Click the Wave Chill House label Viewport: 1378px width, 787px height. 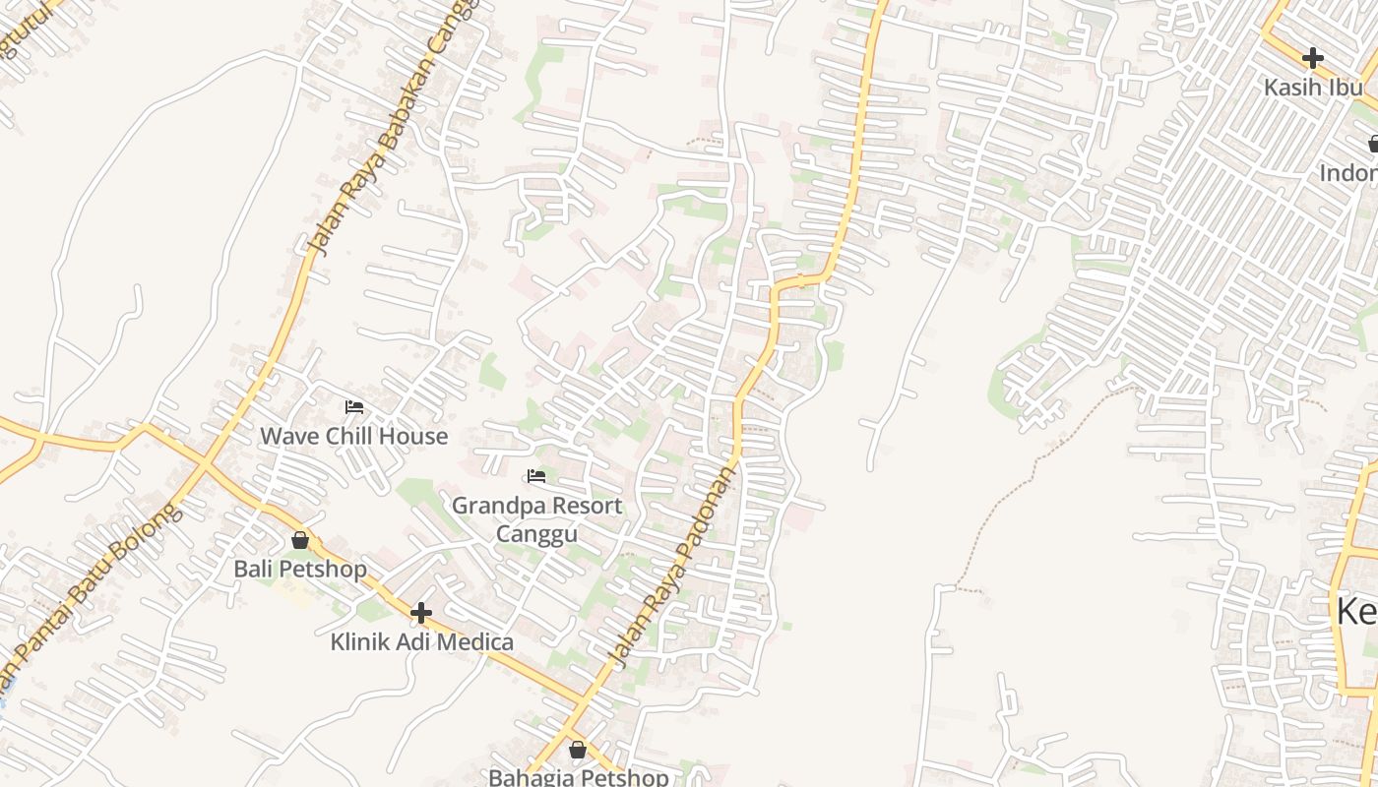coord(353,436)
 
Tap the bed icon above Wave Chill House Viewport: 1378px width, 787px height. coord(354,406)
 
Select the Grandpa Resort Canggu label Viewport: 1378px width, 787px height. coord(536,519)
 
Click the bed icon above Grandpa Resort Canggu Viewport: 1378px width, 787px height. coord(536,476)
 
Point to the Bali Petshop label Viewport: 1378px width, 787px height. coord(300,569)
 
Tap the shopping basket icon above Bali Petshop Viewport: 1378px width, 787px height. coord(300,540)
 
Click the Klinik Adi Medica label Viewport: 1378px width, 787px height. coord(421,642)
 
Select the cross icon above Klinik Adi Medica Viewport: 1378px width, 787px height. coord(421,614)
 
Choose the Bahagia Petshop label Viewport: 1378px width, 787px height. coord(578,777)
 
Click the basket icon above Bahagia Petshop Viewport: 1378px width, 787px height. coord(578,750)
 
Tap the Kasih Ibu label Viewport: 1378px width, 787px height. coord(1313,87)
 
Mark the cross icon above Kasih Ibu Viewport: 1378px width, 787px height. coord(1312,58)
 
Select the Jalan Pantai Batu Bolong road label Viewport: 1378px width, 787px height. coord(94,590)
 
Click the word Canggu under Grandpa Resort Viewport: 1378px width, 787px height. coord(536,534)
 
